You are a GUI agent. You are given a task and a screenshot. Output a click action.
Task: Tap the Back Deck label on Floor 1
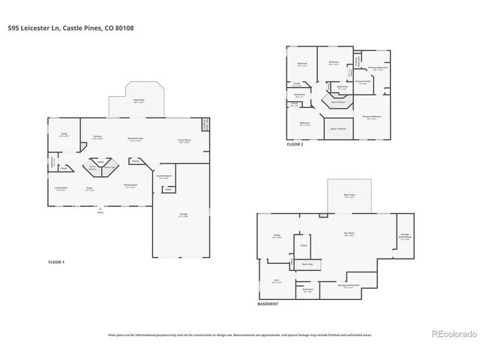tap(139, 100)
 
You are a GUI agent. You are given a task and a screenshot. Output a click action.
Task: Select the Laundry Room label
tap(163, 176)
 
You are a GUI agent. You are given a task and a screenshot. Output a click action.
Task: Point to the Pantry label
tap(136, 160)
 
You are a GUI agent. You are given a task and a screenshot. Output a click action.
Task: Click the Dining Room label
tap(130, 186)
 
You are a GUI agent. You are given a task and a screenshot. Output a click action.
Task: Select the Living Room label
tap(61, 189)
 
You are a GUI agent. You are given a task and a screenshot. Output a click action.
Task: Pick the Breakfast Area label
tap(136, 139)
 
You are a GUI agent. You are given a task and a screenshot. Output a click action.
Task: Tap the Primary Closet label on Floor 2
tap(362, 82)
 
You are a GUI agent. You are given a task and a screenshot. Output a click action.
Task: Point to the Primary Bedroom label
tap(372, 118)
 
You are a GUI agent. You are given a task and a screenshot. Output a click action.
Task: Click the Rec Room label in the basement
tap(349, 235)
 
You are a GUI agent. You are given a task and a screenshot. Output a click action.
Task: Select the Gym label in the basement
tap(277, 281)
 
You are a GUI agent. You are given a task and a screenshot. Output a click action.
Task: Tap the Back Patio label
tap(349, 195)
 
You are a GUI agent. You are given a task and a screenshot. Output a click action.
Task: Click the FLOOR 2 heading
tap(295, 143)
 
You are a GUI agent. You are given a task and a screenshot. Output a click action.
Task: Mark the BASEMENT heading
tap(268, 304)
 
